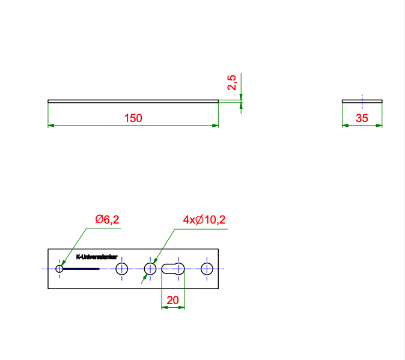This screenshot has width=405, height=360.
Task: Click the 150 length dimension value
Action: (133, 118)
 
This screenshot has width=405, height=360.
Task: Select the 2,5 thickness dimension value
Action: (232, 82)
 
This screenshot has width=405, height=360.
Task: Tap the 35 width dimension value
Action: (362, 118)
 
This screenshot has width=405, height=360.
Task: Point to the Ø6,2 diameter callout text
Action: (107, 219)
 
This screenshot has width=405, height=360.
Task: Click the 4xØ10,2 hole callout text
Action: (204, 220)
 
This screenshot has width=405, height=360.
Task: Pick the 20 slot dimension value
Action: (172, 300)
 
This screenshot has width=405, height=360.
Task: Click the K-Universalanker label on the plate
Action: (97, 257)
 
